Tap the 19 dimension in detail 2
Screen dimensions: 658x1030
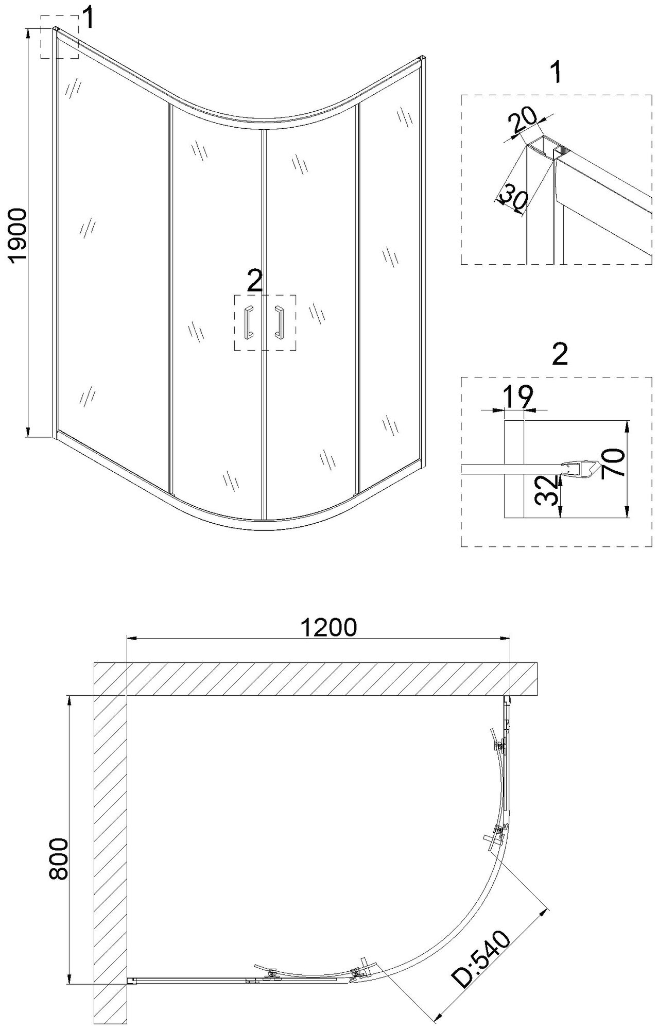[516, 397]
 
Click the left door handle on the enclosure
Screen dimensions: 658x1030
[248, 322]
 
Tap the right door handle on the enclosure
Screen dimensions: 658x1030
[281, 322]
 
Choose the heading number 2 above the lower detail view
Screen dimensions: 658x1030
[559, 355]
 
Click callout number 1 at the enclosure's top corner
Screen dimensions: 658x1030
[89, 19]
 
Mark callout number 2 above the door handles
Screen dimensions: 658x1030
[255, 281]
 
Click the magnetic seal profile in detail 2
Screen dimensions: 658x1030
[579, 469]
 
